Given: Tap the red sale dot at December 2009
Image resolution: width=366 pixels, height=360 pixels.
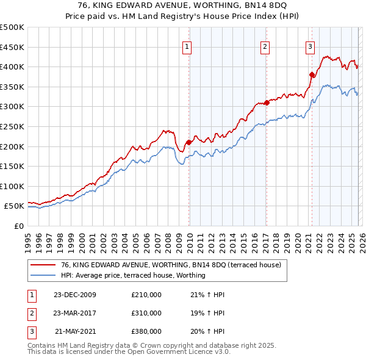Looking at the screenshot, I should [188, 142].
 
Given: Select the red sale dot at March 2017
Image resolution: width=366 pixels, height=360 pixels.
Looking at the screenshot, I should [267, 103].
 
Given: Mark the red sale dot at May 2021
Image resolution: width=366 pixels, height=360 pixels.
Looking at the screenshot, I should [312, 74].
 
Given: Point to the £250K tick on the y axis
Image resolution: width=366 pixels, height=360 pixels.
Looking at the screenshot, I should [12, 126].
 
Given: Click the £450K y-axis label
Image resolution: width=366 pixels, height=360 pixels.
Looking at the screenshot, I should [12, 47].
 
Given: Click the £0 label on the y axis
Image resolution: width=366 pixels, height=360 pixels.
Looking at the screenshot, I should [19, 226].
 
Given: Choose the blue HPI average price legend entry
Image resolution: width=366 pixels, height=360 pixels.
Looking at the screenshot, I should [133, 276].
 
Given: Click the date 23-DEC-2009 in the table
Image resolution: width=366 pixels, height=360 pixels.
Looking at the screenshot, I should [75, 295].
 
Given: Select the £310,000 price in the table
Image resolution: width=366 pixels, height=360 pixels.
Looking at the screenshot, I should [146, 313].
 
